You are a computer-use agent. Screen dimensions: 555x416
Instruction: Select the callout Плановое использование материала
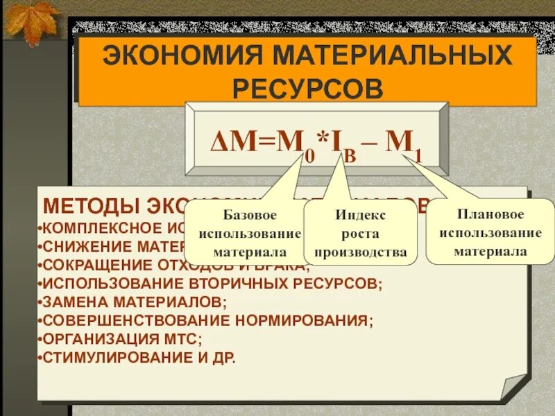[490, 232]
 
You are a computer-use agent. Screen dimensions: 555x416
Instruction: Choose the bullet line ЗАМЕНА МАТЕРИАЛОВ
[133, 302]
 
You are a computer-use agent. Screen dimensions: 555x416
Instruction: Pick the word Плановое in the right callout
[490, 214]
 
